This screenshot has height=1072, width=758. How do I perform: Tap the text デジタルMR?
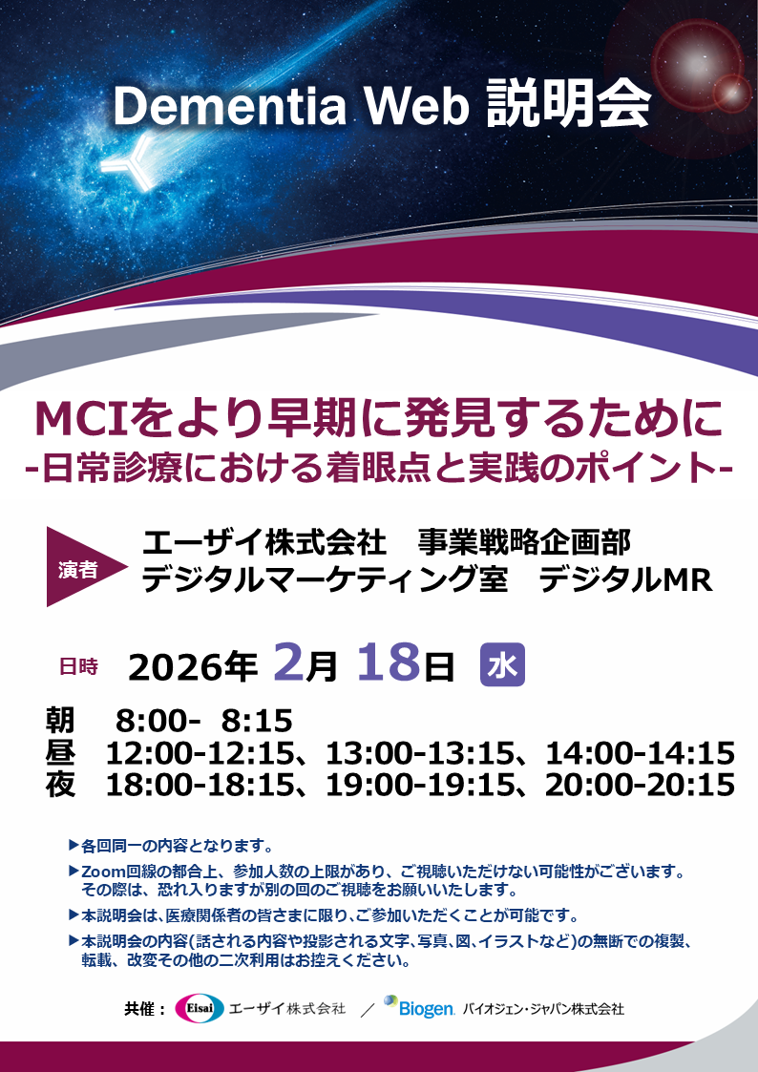tap(625, 579)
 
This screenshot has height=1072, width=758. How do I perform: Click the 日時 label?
tap(78, 666)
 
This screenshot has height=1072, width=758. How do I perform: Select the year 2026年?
tap(193, 666)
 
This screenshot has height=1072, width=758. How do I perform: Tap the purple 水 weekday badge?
tap(502, 665)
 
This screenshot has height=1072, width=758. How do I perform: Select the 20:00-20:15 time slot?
tap(640, 785)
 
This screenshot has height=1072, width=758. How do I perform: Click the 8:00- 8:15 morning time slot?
tap(203, 720)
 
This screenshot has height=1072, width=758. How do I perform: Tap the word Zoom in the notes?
tap(104, 872)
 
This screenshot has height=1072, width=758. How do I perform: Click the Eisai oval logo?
tap(199, 1008)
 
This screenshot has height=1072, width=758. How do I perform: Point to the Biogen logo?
tap(419, 1007)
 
